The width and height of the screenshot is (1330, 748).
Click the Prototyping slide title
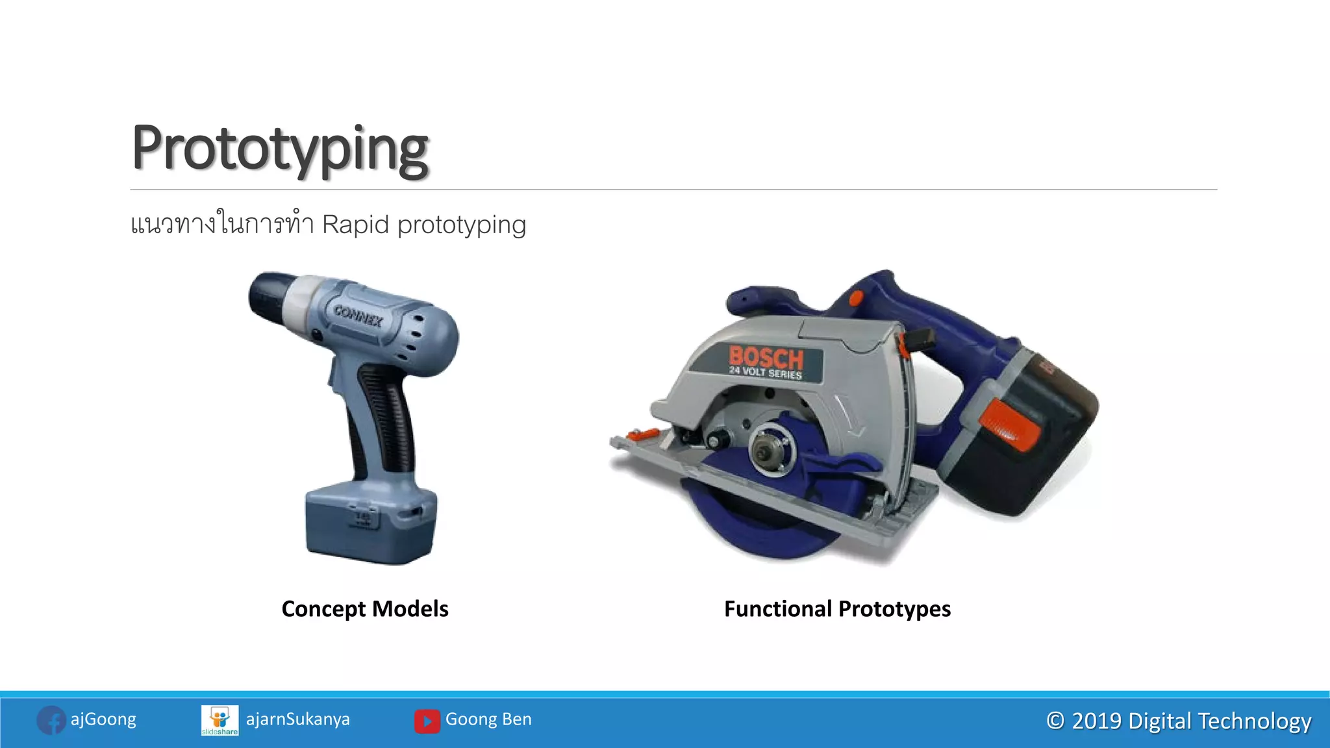280,149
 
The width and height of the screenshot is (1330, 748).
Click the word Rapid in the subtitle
355,225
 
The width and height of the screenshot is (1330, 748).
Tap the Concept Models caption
365,609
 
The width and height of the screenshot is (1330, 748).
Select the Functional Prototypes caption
837,609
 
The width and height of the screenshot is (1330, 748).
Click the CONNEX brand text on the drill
358,316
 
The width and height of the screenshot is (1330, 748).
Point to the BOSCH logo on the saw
766,357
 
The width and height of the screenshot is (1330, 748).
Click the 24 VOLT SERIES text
765,373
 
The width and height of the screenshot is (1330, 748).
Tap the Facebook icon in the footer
51,720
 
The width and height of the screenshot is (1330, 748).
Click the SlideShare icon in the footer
220,720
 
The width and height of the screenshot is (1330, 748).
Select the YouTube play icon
427,721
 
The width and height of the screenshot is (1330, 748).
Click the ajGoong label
103,719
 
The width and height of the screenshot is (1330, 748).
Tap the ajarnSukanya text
297,719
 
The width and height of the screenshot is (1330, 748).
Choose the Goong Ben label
488,719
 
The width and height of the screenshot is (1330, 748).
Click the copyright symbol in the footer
1055,721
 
